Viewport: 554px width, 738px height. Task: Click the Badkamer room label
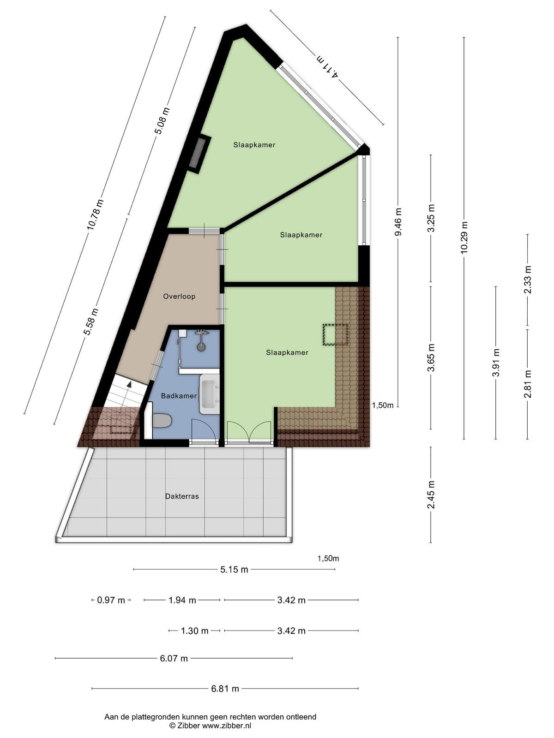click(x=179, y=396)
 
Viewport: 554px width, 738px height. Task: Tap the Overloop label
click(x=179, y=296)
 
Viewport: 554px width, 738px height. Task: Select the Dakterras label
click(x=182, y=496)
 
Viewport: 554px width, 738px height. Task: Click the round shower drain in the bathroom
click(x=201, y=347)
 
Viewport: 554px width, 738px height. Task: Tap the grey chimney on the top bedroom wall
click(x=199, y=154)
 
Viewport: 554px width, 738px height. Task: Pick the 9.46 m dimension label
click(x=398, y=222)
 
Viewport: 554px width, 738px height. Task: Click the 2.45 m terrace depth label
click(x=431, y=494)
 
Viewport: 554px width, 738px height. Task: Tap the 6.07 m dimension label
click(x=174, y=658)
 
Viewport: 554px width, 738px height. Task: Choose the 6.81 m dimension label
click(x=225, y=689)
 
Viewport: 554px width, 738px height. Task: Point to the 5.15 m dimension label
click(x=235, y=569)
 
